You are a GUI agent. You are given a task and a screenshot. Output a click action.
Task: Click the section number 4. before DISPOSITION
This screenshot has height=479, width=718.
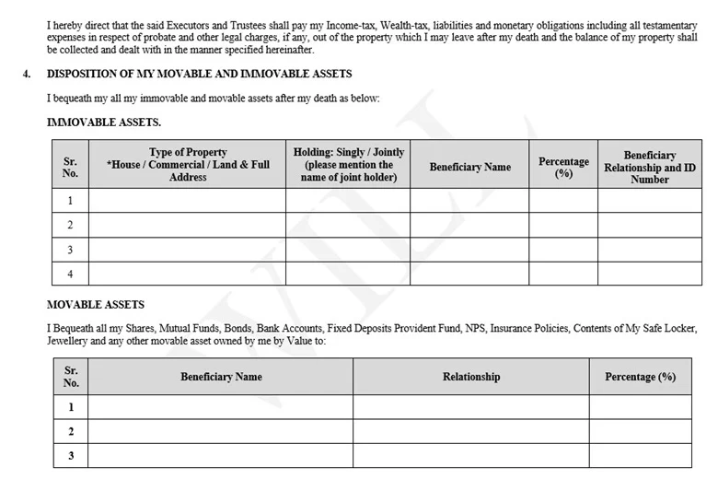(x=27, y=74)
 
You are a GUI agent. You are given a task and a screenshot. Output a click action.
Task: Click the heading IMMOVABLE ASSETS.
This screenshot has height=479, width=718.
(x=104, y=122)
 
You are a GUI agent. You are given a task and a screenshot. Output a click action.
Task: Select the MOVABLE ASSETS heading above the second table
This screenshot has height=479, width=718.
(x=96, y=305)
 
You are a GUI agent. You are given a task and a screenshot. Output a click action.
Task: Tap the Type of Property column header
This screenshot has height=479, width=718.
(x=188, y=164)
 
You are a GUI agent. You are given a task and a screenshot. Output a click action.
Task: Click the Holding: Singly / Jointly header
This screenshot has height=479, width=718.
(x=348, y=164)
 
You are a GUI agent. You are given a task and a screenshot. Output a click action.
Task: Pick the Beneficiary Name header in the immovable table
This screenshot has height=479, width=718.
(x=469, y=167)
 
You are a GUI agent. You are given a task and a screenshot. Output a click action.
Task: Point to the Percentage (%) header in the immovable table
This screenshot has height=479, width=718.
(x=563, y=167)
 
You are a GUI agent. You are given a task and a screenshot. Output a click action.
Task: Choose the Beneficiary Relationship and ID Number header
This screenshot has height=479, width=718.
(x=649, y=167)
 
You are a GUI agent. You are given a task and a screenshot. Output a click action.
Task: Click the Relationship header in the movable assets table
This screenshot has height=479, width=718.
(x=470, y=377)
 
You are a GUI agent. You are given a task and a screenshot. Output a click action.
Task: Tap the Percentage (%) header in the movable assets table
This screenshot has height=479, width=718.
(x=640, y=377)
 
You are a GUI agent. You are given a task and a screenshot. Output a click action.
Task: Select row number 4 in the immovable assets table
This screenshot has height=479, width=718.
(x=70, y=274)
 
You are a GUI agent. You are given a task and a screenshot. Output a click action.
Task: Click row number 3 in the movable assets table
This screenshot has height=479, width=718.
(x=70, y=455)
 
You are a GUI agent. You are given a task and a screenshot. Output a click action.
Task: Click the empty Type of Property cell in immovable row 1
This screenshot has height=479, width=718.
(x=187, y=201)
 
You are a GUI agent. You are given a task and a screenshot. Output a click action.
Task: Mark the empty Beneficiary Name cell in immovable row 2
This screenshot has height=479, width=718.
(x=469, y=225)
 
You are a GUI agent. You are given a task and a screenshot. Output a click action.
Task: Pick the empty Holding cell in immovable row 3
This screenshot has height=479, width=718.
(x=348, y=250)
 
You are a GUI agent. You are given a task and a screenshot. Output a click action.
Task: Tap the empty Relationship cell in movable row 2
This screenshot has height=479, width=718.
(x=470, y=431)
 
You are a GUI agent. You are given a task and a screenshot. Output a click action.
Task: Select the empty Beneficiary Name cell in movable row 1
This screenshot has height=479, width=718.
(x=221, y=407)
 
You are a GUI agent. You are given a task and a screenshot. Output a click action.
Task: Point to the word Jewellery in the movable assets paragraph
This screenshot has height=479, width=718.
(x=72, y=341)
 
